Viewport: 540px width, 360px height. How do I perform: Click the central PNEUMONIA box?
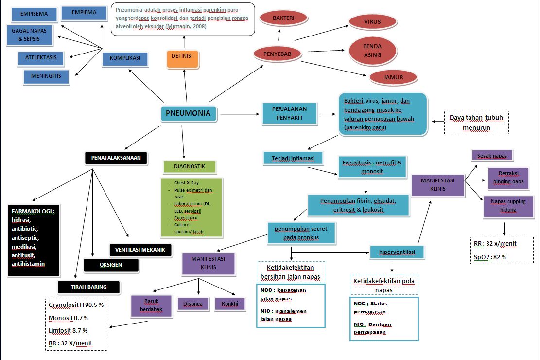(x=188, y=113)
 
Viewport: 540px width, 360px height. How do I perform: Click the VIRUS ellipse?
(x=372, y=22)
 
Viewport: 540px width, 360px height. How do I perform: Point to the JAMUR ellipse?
(x=393, y=77)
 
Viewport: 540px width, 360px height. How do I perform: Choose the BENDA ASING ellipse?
(x=373, y=51)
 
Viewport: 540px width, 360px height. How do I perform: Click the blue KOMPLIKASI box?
(x=125, y=58)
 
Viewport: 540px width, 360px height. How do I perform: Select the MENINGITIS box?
(x=46, y=76)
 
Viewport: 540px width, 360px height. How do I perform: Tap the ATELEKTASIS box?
(x=41, y=58)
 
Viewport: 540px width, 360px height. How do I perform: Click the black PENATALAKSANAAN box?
(x=116, y=158)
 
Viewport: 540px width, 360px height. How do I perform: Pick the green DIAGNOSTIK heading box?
(x=189, y=167)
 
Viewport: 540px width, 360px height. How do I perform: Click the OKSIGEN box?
(x=111, y=265)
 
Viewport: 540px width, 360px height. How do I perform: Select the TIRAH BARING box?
(x=89, y=287)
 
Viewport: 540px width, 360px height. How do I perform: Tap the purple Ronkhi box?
(x=231, y=304)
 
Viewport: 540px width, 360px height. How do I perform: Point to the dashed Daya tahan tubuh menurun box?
(x=476, y=123)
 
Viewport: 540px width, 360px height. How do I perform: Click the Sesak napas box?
(x=492, y=155)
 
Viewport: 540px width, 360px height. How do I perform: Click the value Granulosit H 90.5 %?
(x=75, y=305)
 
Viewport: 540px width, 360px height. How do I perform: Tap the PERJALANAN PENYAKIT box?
(x=290, y=114)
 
